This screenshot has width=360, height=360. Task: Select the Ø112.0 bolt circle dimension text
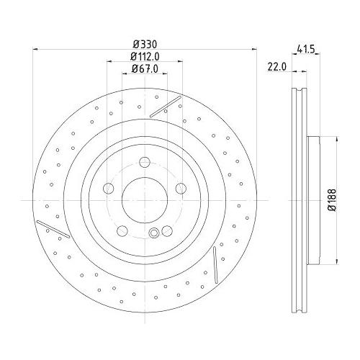[x=144, y=57]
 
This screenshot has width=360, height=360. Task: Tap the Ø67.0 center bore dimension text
[x=144, y=68]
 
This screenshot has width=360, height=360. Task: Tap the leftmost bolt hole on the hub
[x=109, y=189]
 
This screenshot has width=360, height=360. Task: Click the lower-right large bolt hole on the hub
[x=166, y=230]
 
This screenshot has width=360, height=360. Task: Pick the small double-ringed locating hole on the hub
[x=155, y=232]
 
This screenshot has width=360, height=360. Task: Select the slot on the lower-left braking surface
[x=52, y=228]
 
